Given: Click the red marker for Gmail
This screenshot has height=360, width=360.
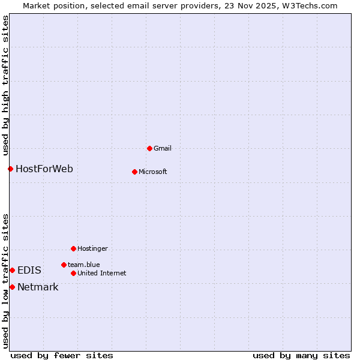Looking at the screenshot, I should (149, 148).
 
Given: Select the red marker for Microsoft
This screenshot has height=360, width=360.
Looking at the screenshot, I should (134, 172).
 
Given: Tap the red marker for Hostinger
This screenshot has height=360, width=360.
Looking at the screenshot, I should (73, 248).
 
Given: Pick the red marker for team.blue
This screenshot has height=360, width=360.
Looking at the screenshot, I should (64, 265).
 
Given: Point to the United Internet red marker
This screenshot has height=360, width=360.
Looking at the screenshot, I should (73, 273).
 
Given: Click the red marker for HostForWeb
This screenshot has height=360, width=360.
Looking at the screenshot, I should (10, 169).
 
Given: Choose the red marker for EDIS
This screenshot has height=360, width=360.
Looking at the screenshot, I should (12, 270).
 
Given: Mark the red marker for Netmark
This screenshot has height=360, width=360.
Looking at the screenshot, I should (12, 287).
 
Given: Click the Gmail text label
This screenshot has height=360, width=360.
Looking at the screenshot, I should (163, 148).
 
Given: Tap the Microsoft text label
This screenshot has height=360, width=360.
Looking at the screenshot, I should (152, 172).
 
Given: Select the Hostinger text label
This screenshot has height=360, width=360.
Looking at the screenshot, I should (92, 248).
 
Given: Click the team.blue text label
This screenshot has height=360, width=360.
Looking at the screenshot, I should (83, 265).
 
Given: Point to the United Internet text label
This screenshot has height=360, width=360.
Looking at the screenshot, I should (101, 273).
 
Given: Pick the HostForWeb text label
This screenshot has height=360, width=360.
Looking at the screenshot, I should (44, 169).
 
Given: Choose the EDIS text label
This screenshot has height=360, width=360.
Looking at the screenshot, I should (29, 270).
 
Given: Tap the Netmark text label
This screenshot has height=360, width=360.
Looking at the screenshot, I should (38, 287).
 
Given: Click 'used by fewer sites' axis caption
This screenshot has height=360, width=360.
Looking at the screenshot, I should (62, 355).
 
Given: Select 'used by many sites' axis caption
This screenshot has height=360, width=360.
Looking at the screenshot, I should (301, 355).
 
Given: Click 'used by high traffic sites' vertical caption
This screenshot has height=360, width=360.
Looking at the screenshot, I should (5, 86).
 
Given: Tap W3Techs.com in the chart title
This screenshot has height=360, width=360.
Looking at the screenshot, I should (311, 5).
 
